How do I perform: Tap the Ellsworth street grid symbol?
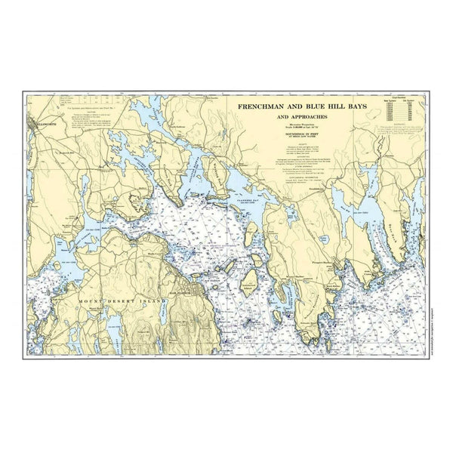click(x=34, y=125)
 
